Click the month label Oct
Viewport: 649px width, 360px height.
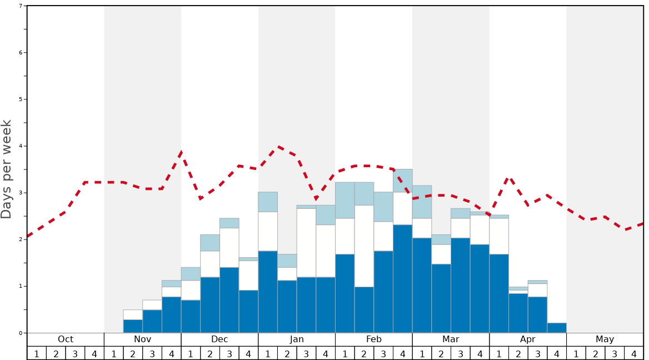tap(66, 339)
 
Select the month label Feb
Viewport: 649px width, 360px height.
tap(374, 339)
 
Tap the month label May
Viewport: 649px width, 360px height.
tap(605, 339)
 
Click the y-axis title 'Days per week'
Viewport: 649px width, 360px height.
tap(7, 169)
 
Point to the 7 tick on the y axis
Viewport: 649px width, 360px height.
tap(21, 6)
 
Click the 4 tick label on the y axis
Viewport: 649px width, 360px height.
tap(21, 146)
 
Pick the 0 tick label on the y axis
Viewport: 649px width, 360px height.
tap(21, 333)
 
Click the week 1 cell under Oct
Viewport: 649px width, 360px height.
tap(37, 353)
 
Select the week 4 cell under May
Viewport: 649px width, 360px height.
tap(634, 353)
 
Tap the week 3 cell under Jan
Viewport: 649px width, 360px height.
tap(306, 353)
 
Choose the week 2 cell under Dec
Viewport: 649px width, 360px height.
tap(210, 353)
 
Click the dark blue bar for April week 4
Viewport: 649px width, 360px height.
tap(557, 328)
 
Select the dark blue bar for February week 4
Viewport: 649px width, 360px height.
tap(403, 278)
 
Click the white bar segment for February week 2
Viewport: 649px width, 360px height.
tap(364, 246)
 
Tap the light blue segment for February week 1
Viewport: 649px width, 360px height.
tap(345, 200)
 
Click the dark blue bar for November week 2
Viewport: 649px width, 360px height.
tap(133, 326)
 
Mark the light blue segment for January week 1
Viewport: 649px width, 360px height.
tap(268, 202)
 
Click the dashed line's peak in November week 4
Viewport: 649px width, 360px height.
tap(181, 151)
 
